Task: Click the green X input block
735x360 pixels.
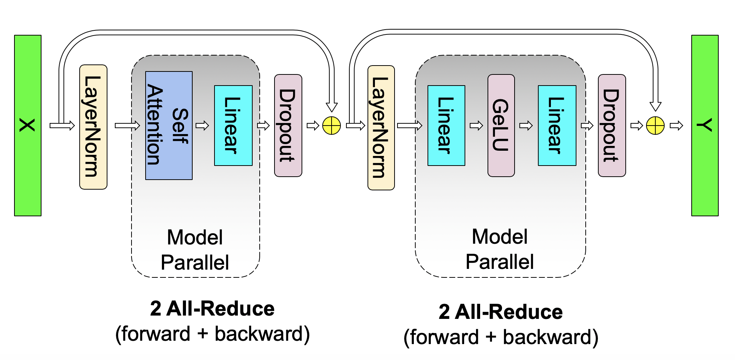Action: tap(28, 126)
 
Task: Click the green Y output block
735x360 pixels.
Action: tap(705, 126)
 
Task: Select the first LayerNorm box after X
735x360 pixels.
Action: tap(93, 127)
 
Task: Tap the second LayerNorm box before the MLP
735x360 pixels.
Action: tap(381, 128)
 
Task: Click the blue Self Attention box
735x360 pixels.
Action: tap(169, 126)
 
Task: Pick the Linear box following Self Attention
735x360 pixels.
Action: tap(233, 126)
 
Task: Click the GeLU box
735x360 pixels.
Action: tap(501, 126)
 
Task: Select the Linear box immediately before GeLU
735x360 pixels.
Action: tap(446, 126)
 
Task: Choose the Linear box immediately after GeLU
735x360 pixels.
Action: tap(557, 126)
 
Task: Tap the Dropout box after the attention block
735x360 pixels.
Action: tap(288, 126)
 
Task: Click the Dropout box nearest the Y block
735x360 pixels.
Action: tap(612, 126)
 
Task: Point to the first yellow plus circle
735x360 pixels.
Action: tap(332, 126)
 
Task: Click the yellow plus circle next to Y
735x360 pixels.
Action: tap(655, 126)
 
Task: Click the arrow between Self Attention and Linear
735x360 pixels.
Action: tap(202, 126)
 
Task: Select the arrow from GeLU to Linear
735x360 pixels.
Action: tap(526, 126)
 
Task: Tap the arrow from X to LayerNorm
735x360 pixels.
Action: tap(62, 126)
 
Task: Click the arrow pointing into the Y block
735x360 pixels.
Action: tap(676, 126)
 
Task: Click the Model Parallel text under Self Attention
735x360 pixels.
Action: tap(195, 250)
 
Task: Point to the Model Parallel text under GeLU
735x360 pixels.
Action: tap(500, 249)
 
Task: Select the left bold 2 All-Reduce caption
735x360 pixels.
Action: tap(212, 309)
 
